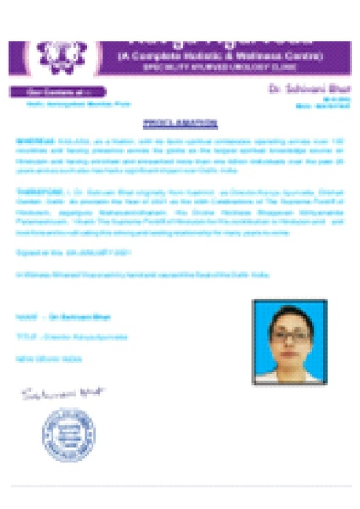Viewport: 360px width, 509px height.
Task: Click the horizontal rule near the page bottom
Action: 180,486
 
